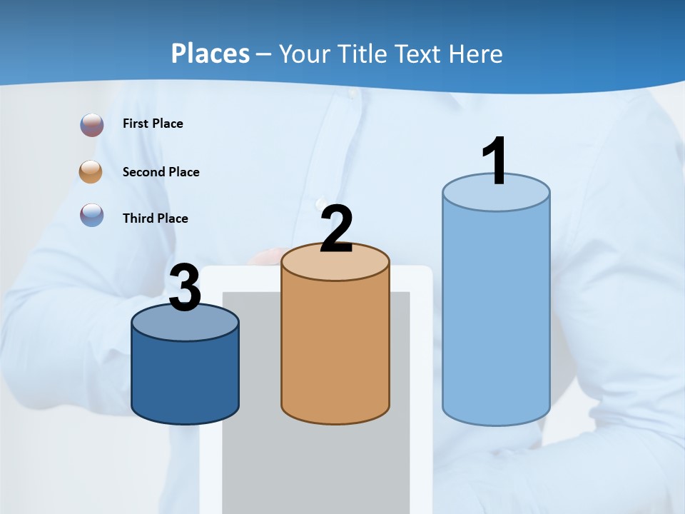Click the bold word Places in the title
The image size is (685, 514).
coord(210,54)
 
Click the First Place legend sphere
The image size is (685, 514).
coord(92,125)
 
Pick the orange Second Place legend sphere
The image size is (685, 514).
coord(91,172)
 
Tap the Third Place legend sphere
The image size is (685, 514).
coord(92,215)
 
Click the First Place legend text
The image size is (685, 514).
coord(153,124)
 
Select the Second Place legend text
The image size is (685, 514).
coord(161,172)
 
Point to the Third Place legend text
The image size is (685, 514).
coord(155,218)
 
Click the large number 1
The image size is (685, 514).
coord(496,161)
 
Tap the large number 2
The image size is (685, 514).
coord(336,229)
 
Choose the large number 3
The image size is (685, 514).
coord(185,288)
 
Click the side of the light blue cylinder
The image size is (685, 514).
coord(496,314)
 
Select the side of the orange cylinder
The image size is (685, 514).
coord(335,350)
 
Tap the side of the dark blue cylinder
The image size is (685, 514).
coord(185,378)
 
